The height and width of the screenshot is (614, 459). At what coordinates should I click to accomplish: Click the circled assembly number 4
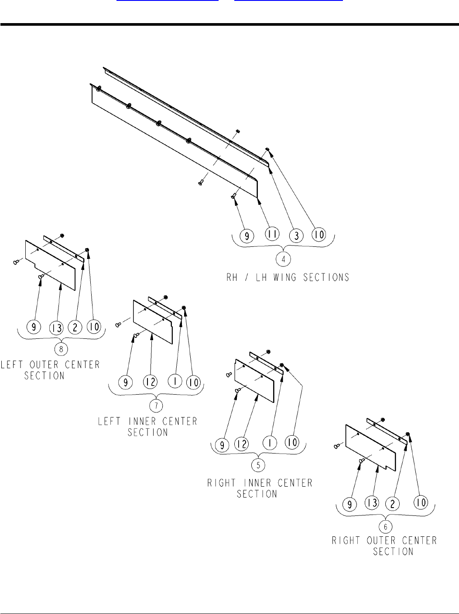284,259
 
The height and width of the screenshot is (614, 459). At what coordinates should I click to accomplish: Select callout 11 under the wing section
272,235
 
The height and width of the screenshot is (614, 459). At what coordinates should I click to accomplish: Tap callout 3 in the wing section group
296,235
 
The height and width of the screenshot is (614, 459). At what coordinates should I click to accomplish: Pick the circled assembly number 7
156,405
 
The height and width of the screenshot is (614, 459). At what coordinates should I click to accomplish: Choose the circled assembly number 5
259,464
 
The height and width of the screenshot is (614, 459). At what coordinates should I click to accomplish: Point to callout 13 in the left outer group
57,326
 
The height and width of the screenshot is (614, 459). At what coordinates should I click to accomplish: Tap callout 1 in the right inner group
270,443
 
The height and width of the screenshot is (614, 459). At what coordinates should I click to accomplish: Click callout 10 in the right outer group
421,503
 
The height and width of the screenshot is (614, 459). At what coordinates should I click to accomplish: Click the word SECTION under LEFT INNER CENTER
148,432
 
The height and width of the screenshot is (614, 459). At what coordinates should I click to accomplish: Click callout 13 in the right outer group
372,503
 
